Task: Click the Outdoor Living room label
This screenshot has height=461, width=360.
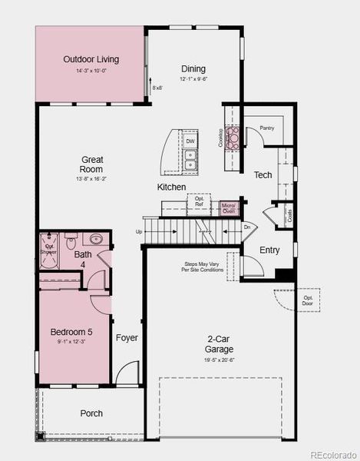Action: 91,59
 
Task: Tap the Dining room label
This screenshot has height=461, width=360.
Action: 193,68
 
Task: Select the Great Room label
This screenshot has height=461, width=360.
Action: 92,164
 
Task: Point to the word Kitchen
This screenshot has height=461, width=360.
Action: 172,187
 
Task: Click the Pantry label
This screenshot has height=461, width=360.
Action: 266,128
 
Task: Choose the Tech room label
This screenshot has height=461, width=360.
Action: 263,175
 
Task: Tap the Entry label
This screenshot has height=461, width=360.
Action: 269,250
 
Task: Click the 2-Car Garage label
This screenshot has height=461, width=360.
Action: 219,344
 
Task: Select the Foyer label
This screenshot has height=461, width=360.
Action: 127,337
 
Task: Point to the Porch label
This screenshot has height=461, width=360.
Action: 91,413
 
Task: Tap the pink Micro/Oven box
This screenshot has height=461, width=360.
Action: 229,207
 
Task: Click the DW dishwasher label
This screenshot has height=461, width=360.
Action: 190,141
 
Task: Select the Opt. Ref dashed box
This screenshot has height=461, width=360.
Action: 199,202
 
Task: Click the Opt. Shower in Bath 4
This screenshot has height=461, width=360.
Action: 48,247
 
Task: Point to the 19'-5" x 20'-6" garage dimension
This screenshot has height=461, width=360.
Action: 219,360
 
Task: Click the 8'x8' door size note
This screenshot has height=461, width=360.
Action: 157,88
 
